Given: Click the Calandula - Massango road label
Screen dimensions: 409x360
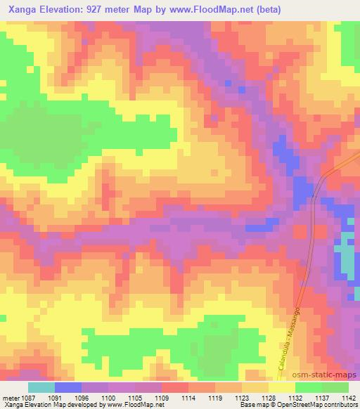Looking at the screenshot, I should pos(288,337).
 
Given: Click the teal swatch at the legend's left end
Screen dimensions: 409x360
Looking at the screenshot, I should pos(41,387).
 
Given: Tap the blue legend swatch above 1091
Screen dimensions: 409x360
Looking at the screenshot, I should pos(67,387).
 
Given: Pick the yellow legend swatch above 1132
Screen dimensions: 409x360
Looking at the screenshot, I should pos(281,387).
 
